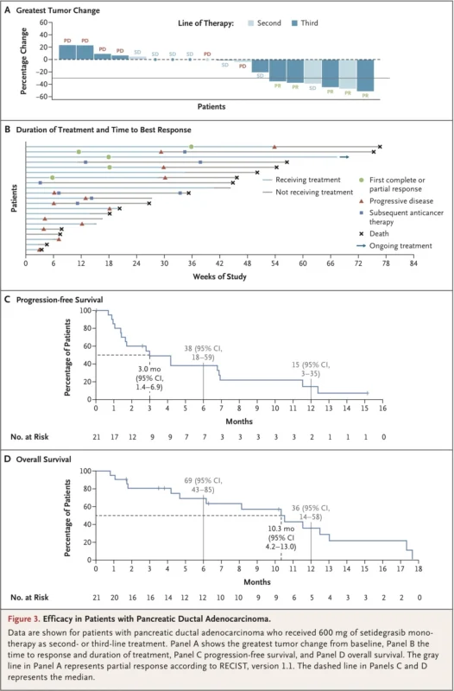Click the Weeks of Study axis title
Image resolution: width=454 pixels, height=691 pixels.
tap(218, 276)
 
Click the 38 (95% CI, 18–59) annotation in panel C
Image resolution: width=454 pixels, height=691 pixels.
tap(205, 348)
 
